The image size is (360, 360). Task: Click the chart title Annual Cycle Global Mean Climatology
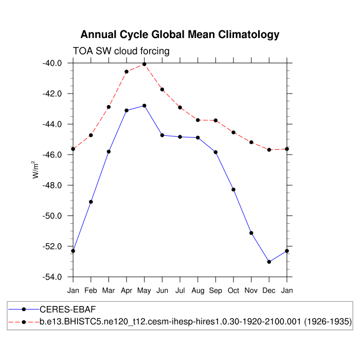click(180, 35)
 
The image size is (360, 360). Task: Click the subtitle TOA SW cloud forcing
click(121, 51)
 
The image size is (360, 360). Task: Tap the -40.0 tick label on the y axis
click(52, 63)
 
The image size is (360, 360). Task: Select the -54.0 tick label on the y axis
click(52, 277)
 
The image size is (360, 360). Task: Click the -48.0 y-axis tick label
click(52, 186)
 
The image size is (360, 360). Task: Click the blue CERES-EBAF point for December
click(269, 262)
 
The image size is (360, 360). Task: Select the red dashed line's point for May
click(145, 64)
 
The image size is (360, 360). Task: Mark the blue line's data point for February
click(91, 202)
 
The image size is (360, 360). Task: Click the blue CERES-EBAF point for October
click(233, 190)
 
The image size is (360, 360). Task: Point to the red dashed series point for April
click(127, 71)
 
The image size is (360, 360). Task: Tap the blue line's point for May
click(145, 106)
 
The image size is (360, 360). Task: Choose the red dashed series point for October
click(233, 132)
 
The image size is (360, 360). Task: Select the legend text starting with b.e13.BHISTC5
click(195, 322)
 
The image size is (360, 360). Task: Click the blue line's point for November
click(251, 233)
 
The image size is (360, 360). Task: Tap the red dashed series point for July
click(180, 107)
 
